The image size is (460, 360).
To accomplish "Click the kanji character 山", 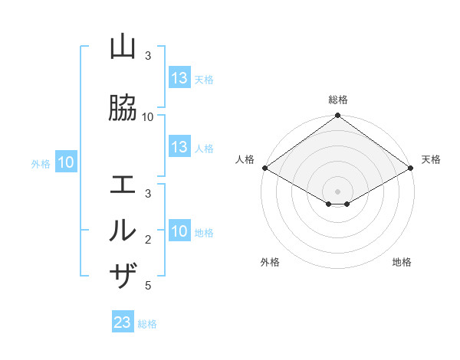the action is [x=123, y=47].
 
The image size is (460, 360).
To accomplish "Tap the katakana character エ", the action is [x=123, y=185].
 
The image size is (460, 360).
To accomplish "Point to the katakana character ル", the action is [x=123, y=231].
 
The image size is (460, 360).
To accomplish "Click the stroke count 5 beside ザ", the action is [x=148, y=286].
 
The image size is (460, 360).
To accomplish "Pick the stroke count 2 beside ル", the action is [x=148, y=240].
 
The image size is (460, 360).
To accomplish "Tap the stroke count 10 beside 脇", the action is [x=148, y=117].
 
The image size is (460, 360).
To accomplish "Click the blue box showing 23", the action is [x=123, y=322].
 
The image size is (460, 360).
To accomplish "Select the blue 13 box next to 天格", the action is [x=179, y=78].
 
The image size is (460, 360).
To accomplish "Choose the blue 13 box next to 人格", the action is [x=179, y=147].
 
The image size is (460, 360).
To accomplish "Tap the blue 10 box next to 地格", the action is [x=179, y=231].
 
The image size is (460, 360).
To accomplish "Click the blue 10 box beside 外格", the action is [x=66, y=162].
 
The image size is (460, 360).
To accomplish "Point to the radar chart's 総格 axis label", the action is [x=338, y=100].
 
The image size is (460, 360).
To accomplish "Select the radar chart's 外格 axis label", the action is [x=270, y=262].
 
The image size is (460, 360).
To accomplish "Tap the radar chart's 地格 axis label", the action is [x=402, y=262].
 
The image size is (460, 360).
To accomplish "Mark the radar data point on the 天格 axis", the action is [x=411, y=168].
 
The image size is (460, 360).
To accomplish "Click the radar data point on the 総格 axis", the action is [x=338, y=116].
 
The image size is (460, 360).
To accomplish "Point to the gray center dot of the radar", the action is [x=338, y=191].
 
